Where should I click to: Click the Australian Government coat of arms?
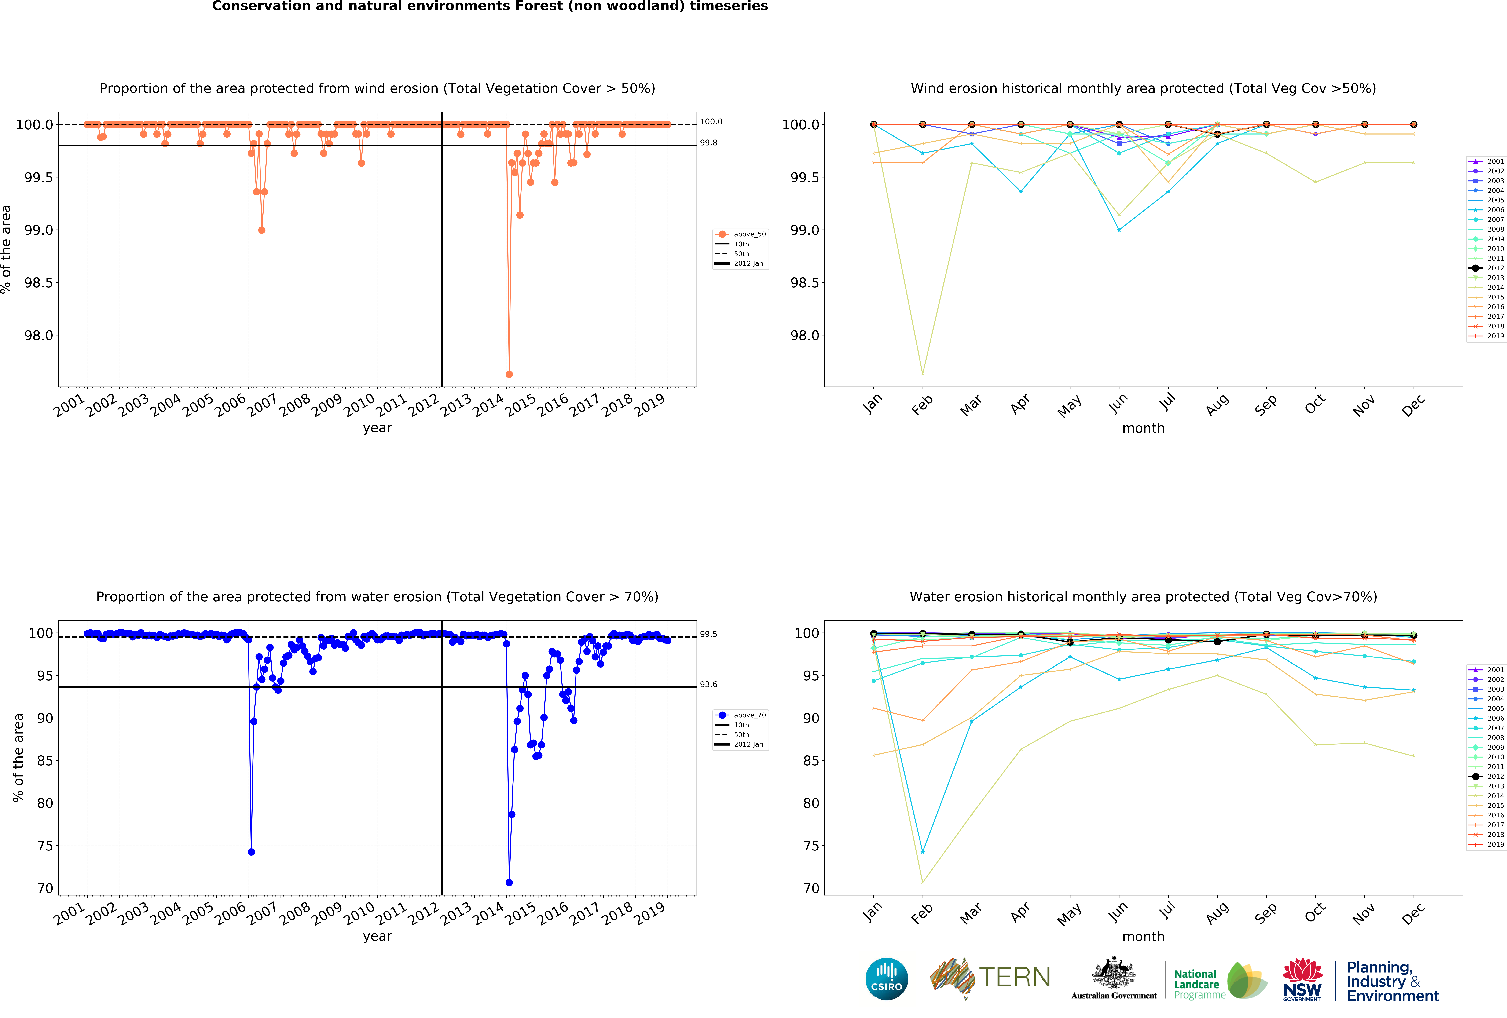coord(1113,973)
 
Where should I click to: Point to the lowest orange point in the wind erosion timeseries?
coord(509,374)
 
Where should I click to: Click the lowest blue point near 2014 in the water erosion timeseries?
coord(509,883)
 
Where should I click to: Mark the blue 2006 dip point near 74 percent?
coord(251,852)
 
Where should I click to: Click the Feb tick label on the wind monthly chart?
coord(921,405)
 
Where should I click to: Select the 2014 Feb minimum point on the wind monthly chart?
coord(922,373)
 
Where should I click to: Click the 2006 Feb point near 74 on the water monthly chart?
coord(922,852)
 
